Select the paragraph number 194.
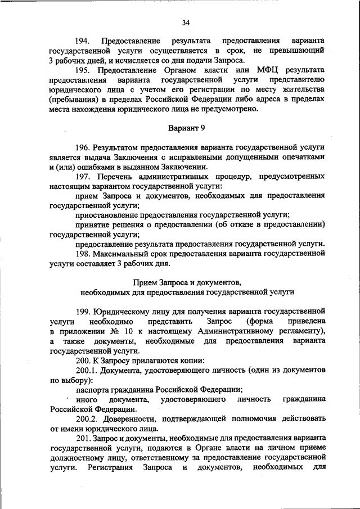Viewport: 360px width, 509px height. [x=84, y=42]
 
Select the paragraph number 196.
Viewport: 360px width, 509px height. [x=84, y=147]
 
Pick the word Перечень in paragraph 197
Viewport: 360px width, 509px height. [x=119, y=176]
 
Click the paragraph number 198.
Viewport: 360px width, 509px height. [x=84, y=253]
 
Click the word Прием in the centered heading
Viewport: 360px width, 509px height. [x=145, y=282]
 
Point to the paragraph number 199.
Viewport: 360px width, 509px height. [x=84, y=312]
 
